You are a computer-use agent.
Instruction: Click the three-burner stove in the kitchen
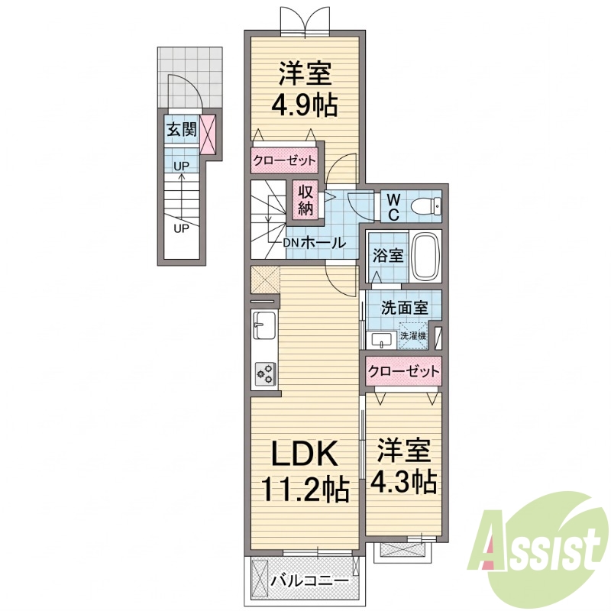(x=266, y=373)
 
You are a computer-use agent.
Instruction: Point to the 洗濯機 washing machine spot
(x=412, y=335)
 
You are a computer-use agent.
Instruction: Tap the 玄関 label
(x=181, y=129)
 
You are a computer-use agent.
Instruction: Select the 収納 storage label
(x=306, y=200)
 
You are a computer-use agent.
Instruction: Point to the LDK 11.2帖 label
(x=305, y=471)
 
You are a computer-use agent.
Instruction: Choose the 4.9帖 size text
(x=305, y=105)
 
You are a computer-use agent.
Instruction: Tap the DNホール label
(x=314, y=243)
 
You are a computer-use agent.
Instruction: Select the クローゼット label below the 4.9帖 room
(x=284, y=160)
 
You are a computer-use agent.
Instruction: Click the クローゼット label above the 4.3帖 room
(x=403, y=371)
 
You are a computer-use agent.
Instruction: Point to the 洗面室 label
(x=405, y=309)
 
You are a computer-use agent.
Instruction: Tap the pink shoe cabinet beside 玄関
(x=207, y=134)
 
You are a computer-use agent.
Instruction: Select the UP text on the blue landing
(x=181, y=166)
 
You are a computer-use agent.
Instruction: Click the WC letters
(x=393, y=207)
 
